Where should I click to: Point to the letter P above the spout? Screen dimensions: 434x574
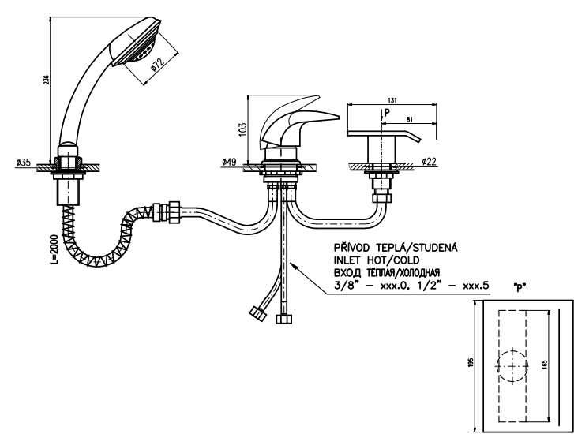click(x=384, y=111)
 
